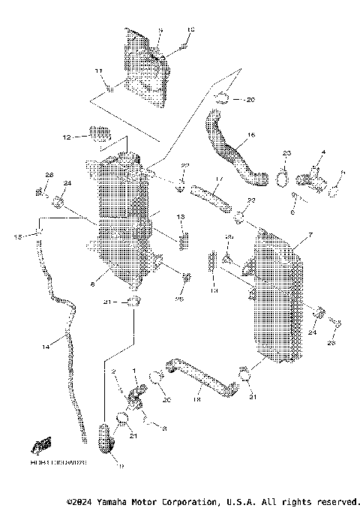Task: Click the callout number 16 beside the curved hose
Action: (251, 136)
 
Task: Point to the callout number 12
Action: (66, 138)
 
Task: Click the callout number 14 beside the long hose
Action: (46, 346)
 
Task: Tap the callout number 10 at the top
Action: (189, 29)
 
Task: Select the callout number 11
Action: (97, 71)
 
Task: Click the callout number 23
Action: (286, 153)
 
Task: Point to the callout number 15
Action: (16, 237)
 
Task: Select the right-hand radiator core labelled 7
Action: (279, 300)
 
